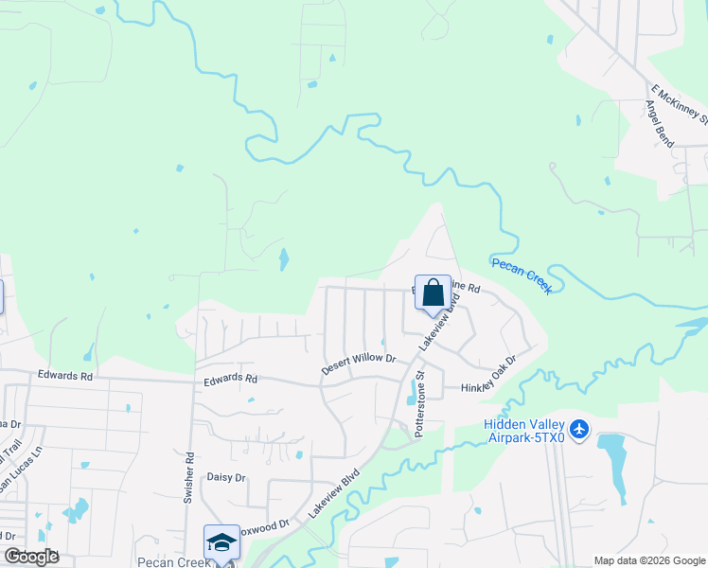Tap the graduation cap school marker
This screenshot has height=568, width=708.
221,542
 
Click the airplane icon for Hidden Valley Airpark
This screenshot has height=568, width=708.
580,431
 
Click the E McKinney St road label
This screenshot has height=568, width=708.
680,105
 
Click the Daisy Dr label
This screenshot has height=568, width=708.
226,478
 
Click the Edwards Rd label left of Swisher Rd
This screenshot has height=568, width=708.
65,375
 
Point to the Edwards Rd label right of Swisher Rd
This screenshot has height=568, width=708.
230,379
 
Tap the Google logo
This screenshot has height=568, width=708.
31,557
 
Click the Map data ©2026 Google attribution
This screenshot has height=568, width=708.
648,560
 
